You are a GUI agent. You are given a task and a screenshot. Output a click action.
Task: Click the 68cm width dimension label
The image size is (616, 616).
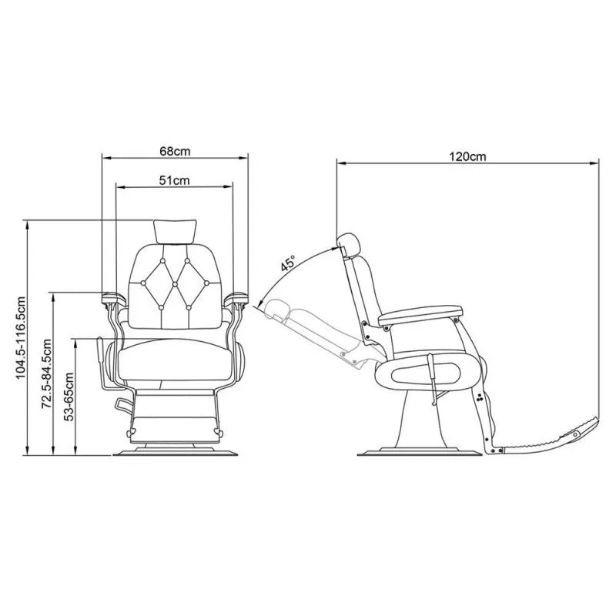[175, 151]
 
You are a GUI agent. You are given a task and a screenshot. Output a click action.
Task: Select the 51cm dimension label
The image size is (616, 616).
[174, 180]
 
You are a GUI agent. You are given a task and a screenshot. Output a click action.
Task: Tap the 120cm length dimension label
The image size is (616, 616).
[467, 156]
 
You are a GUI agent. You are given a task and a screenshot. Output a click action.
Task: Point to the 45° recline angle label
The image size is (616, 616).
[288, 263]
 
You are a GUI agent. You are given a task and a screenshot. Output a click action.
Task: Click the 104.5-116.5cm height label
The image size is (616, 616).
[21, 338]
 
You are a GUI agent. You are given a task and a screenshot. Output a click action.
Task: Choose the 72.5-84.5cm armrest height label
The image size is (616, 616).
[47, 373]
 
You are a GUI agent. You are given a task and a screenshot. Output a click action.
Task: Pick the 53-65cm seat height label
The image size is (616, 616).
[69, 397]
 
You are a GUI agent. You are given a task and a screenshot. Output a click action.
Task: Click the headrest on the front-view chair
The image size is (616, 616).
[175, 232]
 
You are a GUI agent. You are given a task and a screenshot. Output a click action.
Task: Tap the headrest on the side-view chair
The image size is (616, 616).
[348, 244]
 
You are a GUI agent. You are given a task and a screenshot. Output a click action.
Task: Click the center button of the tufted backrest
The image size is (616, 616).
[175, 283]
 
